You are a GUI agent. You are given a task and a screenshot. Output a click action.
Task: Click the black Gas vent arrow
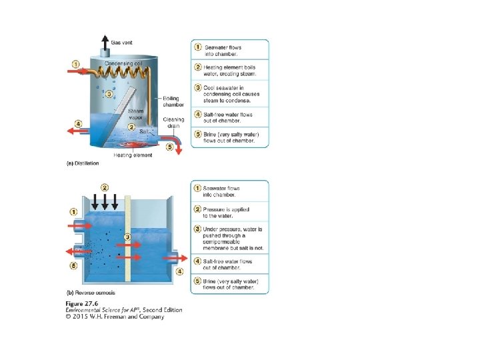tap(105, 39)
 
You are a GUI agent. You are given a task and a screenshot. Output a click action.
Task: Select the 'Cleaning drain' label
tap(173, 123)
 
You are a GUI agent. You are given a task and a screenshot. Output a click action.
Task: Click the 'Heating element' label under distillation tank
tap(133, 155)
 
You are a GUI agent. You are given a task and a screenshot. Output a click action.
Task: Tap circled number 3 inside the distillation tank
tap(109, 93)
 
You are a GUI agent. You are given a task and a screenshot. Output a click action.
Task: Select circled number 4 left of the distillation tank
tap(78, 123)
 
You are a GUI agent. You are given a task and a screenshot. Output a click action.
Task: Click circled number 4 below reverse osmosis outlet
tap(179, 271)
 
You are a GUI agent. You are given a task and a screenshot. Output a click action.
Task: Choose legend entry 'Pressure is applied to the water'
tap(228, 213)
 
